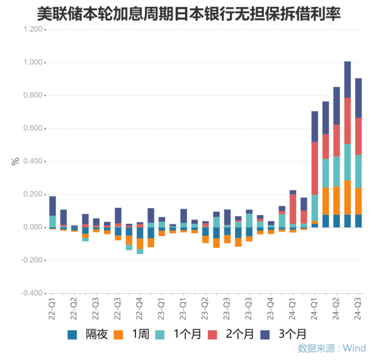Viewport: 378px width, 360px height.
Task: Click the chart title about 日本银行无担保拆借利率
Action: point(189,12)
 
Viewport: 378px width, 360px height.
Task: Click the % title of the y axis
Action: point(15,161)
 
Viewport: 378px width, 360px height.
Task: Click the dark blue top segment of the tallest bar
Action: point(347,79)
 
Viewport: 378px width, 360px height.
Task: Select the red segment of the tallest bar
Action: point(347,120)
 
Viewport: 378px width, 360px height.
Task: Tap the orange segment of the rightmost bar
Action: point(358,200)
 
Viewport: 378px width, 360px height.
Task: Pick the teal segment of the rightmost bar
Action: point(358,171)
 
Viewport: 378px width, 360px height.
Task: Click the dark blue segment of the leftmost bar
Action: point(52,206)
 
